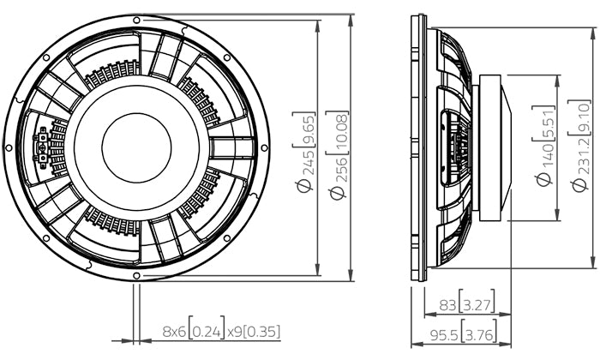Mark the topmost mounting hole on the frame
[x=136, y=19]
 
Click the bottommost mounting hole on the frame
[x=136, y=276]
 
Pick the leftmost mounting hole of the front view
[x=9, y=147]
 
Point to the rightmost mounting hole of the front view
[x=264, y=147]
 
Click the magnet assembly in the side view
[x=493, y=147]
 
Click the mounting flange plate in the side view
[x=418, y=147]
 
